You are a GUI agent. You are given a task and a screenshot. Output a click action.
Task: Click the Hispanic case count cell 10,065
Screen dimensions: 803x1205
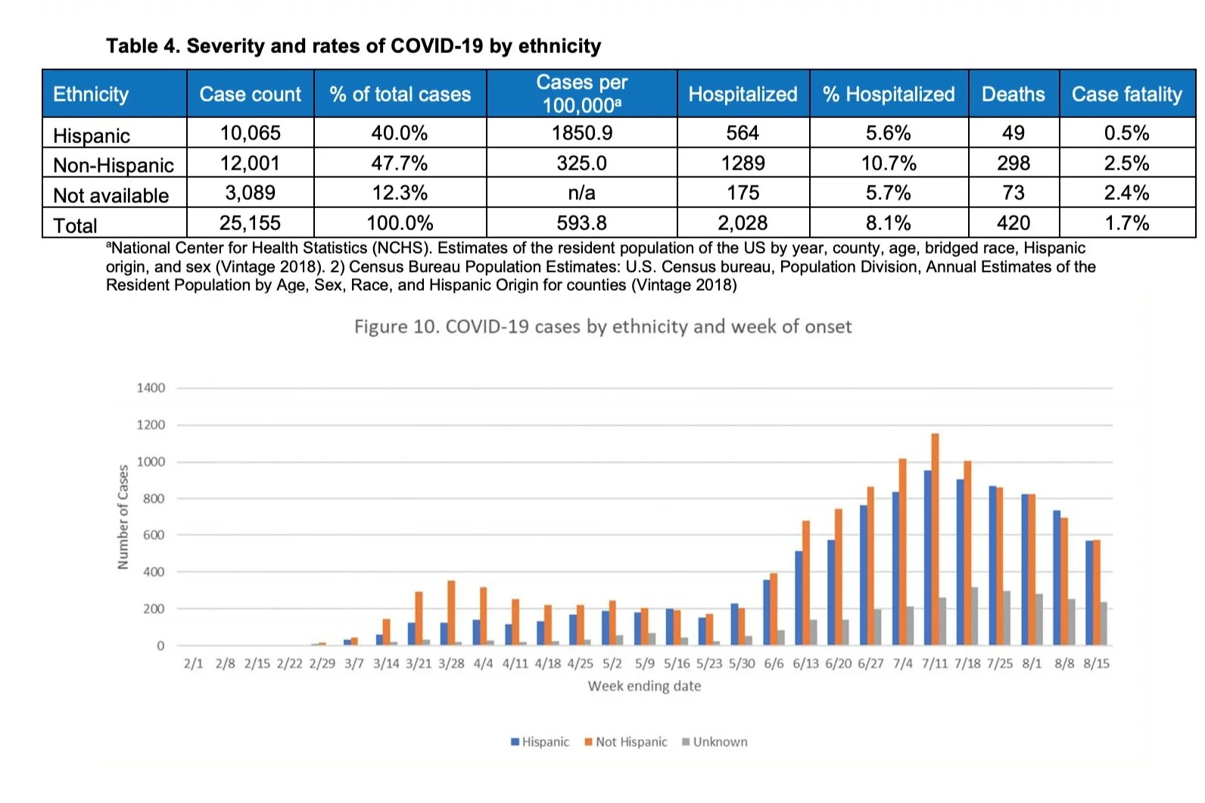[250, 133]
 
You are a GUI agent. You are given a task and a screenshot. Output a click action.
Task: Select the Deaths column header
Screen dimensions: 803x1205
[1013, 94]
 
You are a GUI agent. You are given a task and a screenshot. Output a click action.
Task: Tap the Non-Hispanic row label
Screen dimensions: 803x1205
[114, 165]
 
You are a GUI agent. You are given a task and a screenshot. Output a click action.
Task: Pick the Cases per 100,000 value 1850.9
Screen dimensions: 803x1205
[581, 133]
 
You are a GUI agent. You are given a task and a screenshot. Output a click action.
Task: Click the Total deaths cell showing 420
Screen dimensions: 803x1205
[1013, 223]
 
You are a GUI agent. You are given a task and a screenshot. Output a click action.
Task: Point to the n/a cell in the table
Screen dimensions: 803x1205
[581, 193]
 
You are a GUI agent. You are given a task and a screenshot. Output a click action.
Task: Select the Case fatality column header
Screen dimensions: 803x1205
[1126, 94]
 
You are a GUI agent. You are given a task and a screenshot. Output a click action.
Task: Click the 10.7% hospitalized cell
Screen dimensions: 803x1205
[889, 163]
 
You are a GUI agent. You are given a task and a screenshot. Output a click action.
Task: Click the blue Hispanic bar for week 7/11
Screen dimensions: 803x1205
[927, 558]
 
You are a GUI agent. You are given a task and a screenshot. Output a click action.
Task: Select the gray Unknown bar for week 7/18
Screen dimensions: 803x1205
[975, 616]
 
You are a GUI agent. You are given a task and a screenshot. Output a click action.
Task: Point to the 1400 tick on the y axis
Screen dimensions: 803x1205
[151, 388]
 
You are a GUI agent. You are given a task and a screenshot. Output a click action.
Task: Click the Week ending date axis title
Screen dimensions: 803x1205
[644, 686]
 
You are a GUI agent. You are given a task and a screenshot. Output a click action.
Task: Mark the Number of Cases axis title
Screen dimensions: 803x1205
[123, 517]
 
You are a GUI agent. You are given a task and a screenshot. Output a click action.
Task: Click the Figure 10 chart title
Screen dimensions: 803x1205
[602, 327]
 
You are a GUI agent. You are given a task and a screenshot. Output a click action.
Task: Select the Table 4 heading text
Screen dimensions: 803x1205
[353, 46]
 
